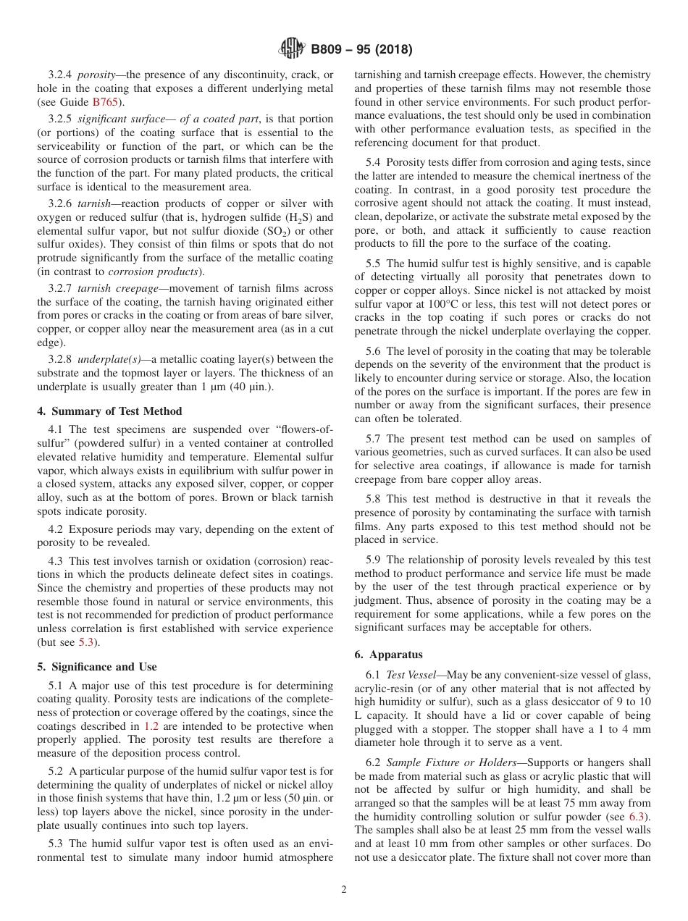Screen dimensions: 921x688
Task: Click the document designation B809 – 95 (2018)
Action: (361, 50)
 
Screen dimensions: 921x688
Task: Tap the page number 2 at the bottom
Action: (344, 890)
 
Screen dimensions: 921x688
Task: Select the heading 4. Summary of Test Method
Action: (104, 411)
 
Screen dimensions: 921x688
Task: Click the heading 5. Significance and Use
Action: (96, 667)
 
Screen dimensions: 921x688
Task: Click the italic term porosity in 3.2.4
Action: (96, 75)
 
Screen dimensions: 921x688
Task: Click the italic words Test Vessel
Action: (410, 675)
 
